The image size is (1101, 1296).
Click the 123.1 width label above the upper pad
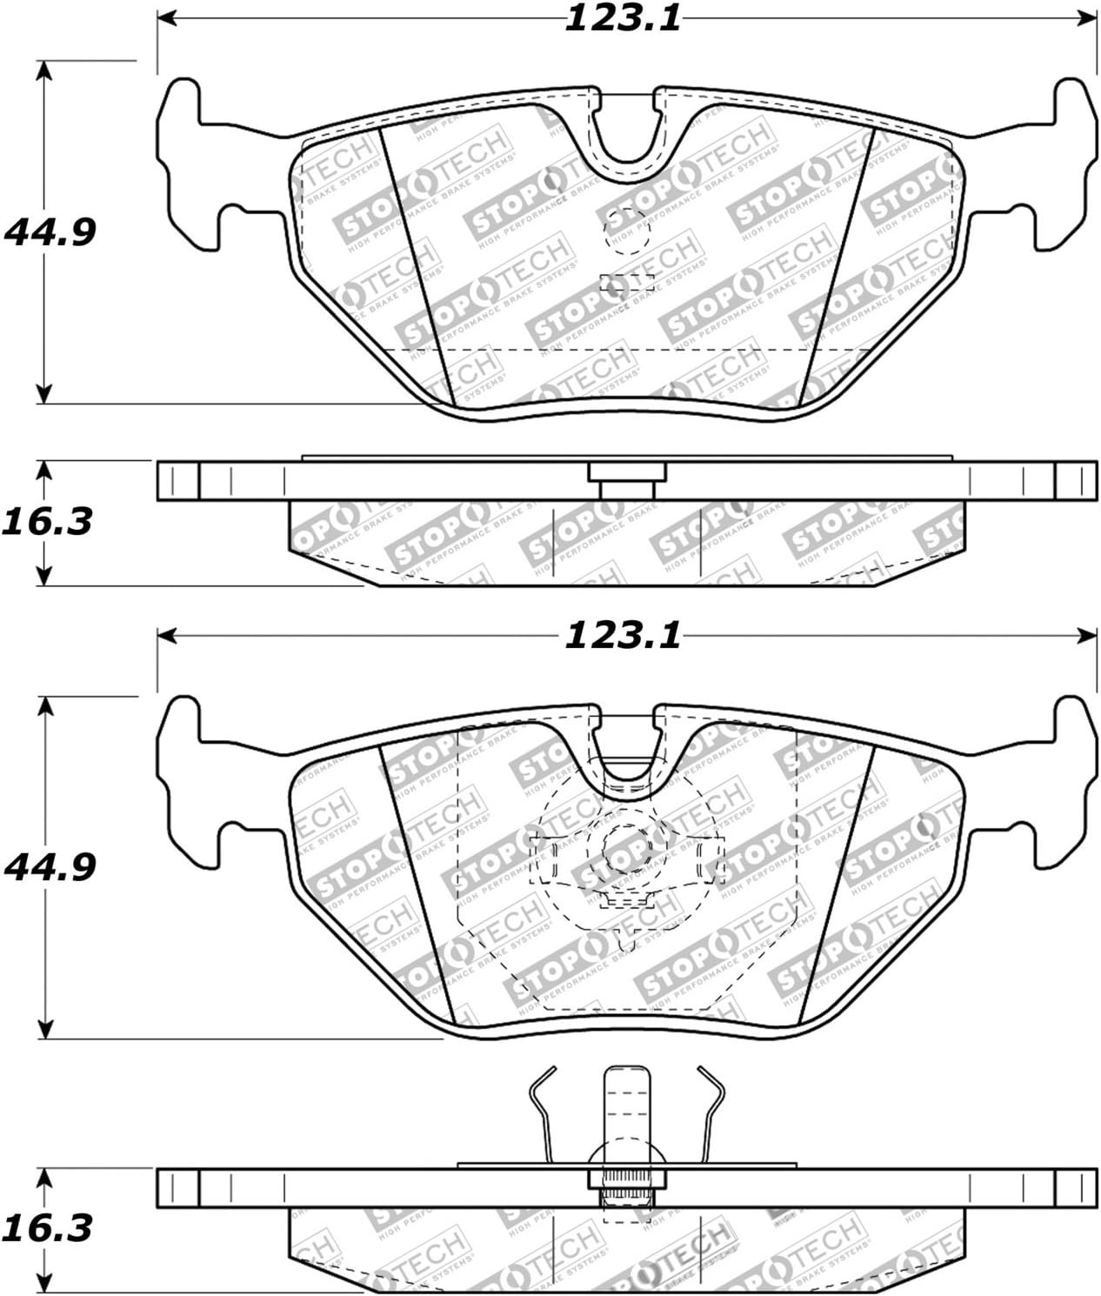coord(623,18)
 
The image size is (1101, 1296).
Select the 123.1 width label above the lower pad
coord(623,636)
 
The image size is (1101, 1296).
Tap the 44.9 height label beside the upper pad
coord(50,231)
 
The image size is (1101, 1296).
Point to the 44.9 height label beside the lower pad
coord(50,866)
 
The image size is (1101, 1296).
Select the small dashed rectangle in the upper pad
coord(627,282)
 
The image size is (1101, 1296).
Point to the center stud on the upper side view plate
coord(627,479)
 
